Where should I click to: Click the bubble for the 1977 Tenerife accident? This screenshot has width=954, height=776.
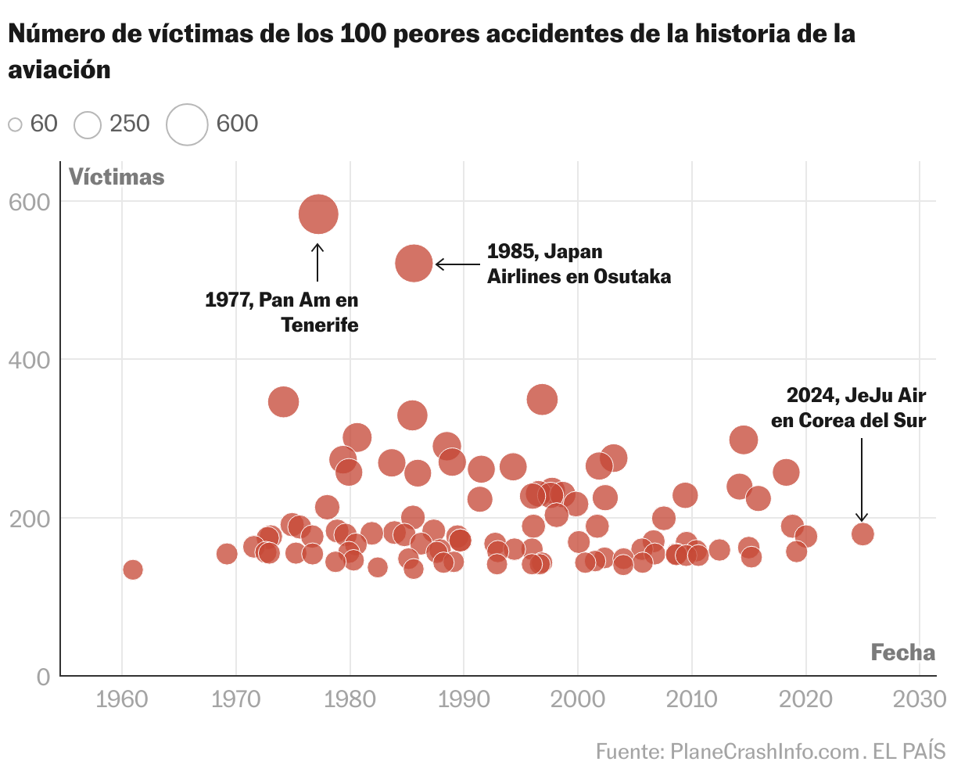click(x=318, y=214)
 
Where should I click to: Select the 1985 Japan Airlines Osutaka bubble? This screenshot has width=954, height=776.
click(x=414, y=264)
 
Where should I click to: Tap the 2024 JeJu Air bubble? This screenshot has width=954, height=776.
click(x=863, y=534)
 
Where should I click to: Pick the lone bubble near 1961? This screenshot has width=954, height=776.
click(x=133, y=569)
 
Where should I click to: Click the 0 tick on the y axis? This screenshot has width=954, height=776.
click(x=42, y=677)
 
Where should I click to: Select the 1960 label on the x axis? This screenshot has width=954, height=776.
click(x=121, y=699)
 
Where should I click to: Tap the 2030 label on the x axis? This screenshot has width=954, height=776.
click(x=920, y=699)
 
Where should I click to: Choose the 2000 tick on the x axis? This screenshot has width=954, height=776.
click(x=578, y=699)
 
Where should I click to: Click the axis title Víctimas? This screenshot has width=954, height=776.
click(x=117, y=178)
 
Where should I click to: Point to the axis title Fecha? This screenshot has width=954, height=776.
click(x=902, y=652)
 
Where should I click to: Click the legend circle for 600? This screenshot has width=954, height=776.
click(x=187, y=124)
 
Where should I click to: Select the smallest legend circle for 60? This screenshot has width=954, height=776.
click(x=15, y=124)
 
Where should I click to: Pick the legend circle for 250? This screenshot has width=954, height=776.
click(x=88, y=124)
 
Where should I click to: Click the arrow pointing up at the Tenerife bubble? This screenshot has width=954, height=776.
click(x=317, y=262)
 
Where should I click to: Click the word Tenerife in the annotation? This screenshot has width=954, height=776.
click(x=320, y=325)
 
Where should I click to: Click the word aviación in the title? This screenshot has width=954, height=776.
click(x=59, y=70)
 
